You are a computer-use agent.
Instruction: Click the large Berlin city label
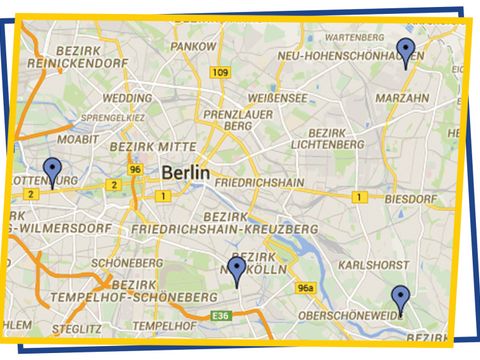pyautogui.click(x=186, y=173)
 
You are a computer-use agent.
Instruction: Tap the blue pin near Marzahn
pyautogui.click(x=405, y=50)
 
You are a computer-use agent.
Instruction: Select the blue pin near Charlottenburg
pyautogui.click(x=52, y=172)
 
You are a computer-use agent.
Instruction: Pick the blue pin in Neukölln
pyautogui.click(x=237, y=271)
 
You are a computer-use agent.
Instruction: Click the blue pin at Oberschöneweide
pyautogui.click(x=400, y=299)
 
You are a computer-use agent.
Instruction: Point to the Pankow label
pyautogui.click(x=193, y=46)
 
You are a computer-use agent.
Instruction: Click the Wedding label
pyautogui.click(x=128, y=99)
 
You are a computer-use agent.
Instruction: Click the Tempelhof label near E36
pyautogui.click(x=163, y=326)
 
